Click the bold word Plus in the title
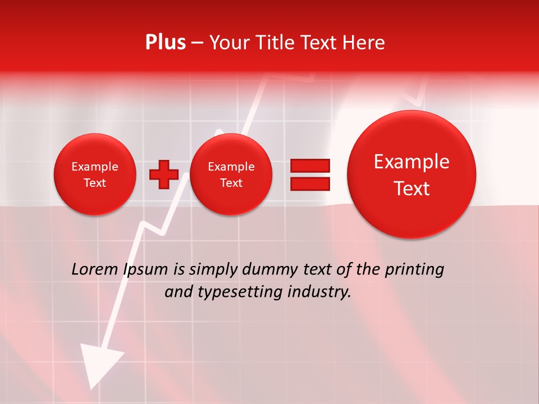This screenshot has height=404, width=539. tap(166, 43)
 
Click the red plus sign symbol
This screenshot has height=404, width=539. tap(163, 175)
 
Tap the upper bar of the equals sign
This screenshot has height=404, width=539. tap(310, 166)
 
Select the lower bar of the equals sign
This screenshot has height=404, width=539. tap(310, 183)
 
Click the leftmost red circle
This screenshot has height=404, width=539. tap(95, 175)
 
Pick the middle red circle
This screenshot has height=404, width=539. tap(231, 175)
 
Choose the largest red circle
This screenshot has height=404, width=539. tap(412, 175)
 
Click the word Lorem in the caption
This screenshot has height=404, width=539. tap(95, 269)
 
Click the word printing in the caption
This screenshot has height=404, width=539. tap(414, 270)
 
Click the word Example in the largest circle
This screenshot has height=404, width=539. tap(412, 162)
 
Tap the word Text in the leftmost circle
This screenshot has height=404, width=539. tap(95, 183)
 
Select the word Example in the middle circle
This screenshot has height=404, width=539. tap(231, 167)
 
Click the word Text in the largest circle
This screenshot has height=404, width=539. tap(412, 189)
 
